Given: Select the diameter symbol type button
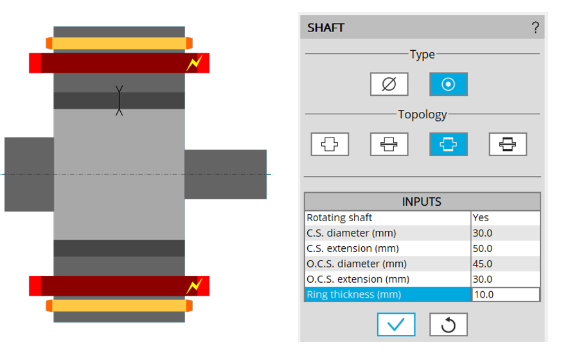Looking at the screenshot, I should (x=389, y=84).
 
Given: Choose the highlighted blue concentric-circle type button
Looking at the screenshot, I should (x=449, y=84).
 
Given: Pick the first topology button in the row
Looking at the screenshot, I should (x=330, y=144).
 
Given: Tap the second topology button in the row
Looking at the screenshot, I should (x=389, y=144).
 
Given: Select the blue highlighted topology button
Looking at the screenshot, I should (x=449, y=144).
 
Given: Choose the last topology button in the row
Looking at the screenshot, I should (x=508, y=144).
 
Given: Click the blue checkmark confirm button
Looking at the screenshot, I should (x=396, y=325).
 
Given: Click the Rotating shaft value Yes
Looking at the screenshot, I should (x=505, y=217).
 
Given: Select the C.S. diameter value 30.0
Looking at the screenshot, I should (x=505, y=233).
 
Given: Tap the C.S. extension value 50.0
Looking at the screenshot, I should (x=505, y=248).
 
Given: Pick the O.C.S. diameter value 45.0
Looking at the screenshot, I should (x=505, y=264).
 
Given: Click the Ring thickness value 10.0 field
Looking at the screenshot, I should (x=505, y=294).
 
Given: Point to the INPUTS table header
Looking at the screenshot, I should (x=422, y=202).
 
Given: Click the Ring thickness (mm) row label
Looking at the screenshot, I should (x=387, y=294).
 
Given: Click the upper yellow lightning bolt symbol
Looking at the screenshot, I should (x=195, y=62).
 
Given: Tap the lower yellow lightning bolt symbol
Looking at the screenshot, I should (x=195, y=285).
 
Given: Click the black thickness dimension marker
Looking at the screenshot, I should (x=119, y=100).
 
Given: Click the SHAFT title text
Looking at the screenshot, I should (x=326, y=28).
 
